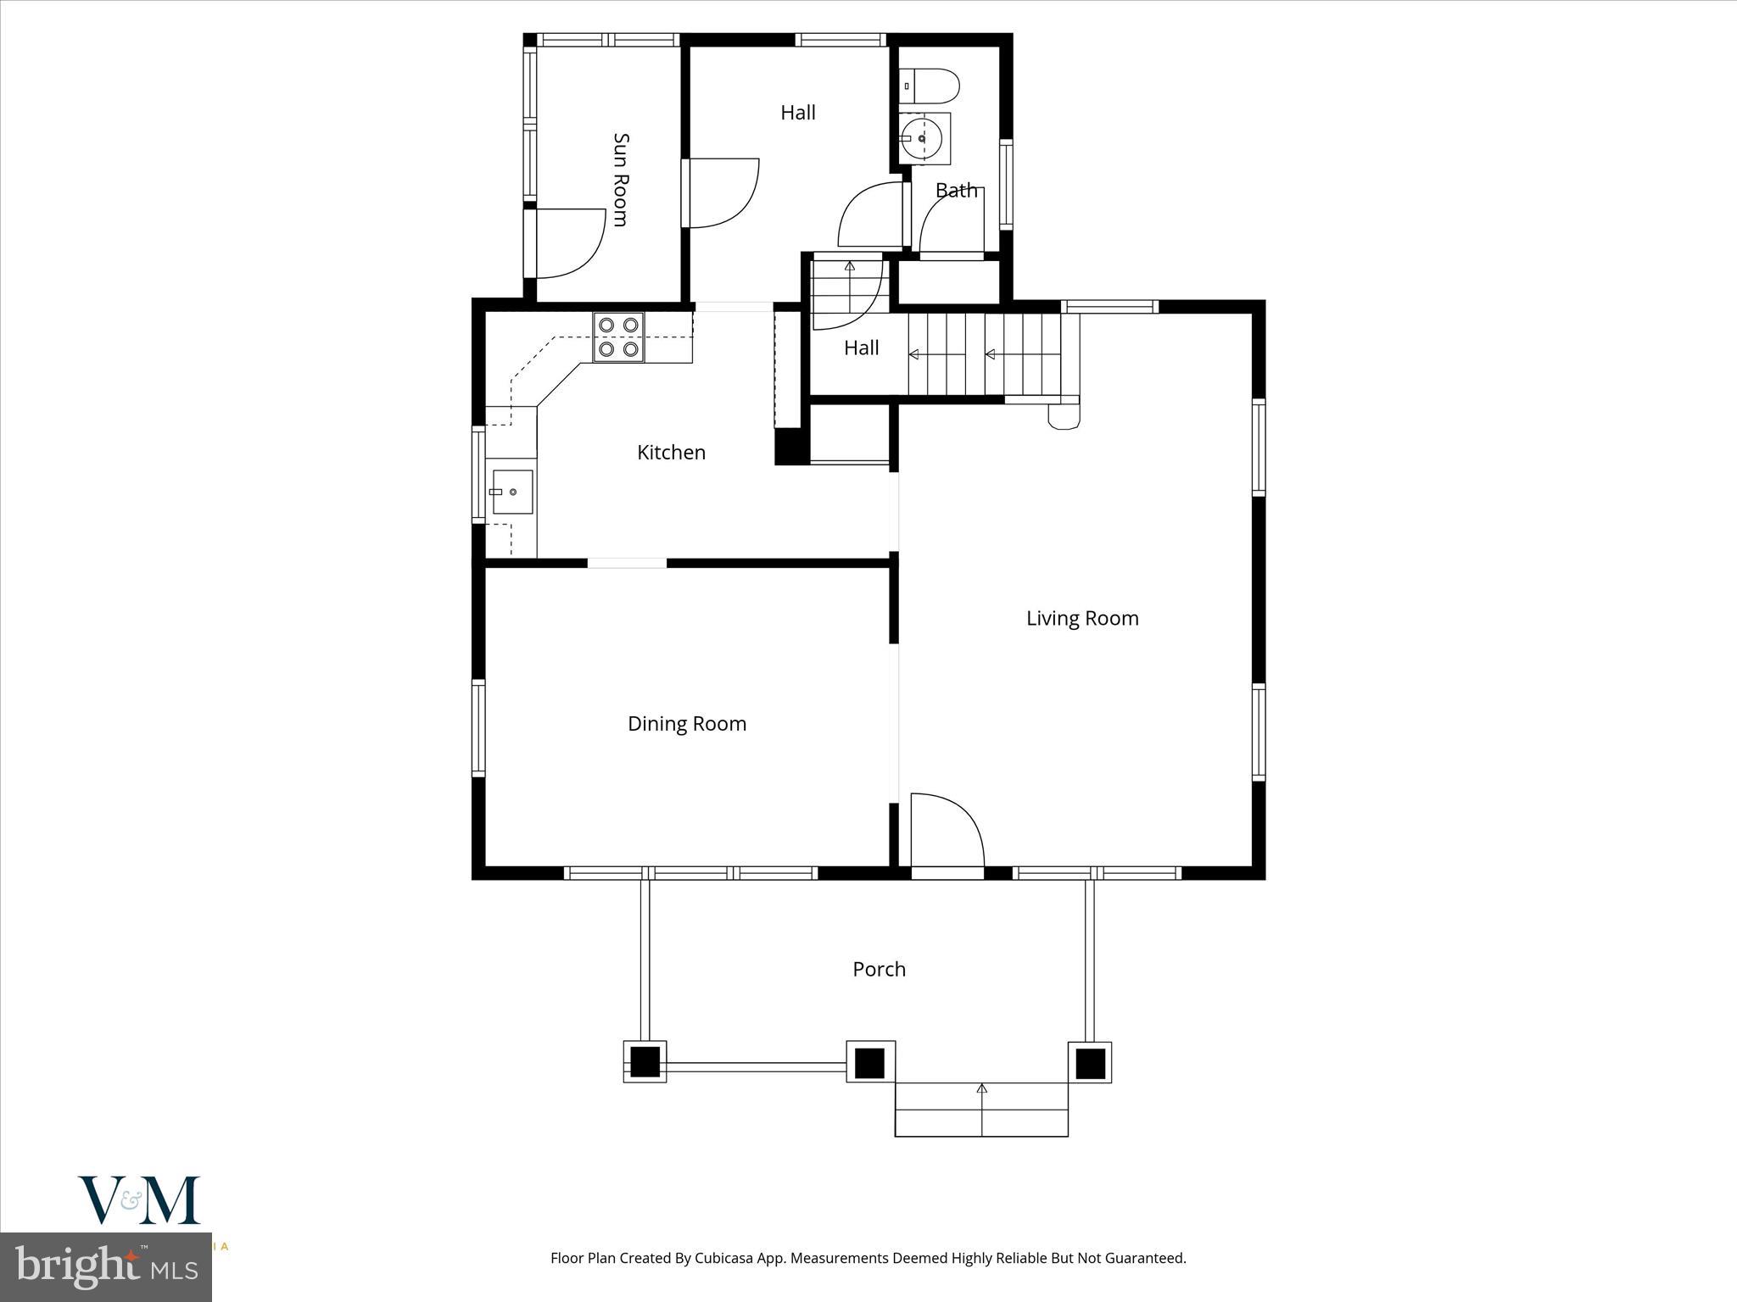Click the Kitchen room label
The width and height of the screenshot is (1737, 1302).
click(x=671, y=453)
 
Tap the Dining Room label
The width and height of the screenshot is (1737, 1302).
click(x=686, y=724)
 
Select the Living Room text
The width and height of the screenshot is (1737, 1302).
click(x=1081, y=619)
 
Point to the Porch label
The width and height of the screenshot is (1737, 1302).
click(x=879, y=969)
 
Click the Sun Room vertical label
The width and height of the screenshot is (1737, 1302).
click(x=620, y=180)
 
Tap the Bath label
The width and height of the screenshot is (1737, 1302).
click(x=956, y=191)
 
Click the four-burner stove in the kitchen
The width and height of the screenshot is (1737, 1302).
click(x=618, y=337)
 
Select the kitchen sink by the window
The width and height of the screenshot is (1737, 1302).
click(x=512, y=492)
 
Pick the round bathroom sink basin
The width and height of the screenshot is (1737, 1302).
click(x=923, y=137)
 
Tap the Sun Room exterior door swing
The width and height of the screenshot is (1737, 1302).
click(x=568, y=242)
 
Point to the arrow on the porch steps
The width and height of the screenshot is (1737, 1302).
click(x=982, y=1088)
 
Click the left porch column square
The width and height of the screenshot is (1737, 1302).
click(x=645, y=1061)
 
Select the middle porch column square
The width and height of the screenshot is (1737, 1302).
click(x=869, y=1062)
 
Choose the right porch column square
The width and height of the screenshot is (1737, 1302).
click(x=1090, y=1062)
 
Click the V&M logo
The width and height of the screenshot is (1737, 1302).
click(x=140, y=1199)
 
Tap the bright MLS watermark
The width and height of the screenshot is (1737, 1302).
click(x=105, y=1266)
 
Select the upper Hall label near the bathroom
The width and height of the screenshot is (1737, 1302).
click(x=797, y=113)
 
